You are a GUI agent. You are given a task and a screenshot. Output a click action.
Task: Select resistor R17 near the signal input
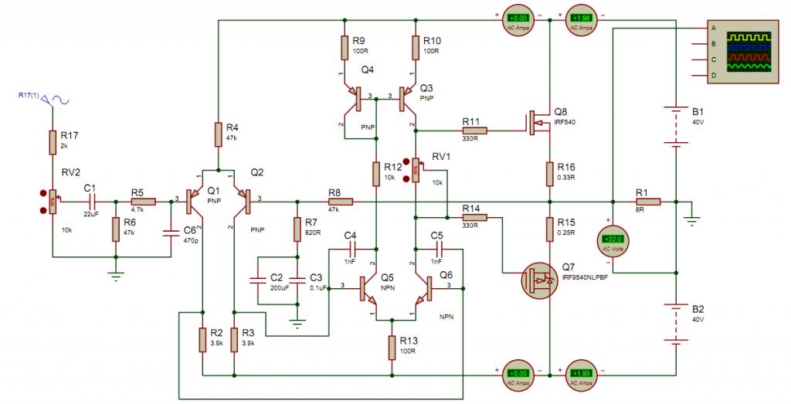[x=53, y=142]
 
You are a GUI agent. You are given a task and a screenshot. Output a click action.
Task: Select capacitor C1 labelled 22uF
[x=89, y=202]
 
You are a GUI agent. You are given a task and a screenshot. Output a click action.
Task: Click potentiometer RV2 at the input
[x=53, y=202]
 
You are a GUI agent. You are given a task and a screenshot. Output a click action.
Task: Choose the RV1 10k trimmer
[x=416, y=171]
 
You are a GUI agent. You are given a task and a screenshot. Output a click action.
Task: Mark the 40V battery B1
[x=676, y=124]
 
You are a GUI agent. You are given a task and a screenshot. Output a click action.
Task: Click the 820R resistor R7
[x=297, y=229]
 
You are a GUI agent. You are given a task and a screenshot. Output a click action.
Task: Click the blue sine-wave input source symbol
[x=56, y=99]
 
